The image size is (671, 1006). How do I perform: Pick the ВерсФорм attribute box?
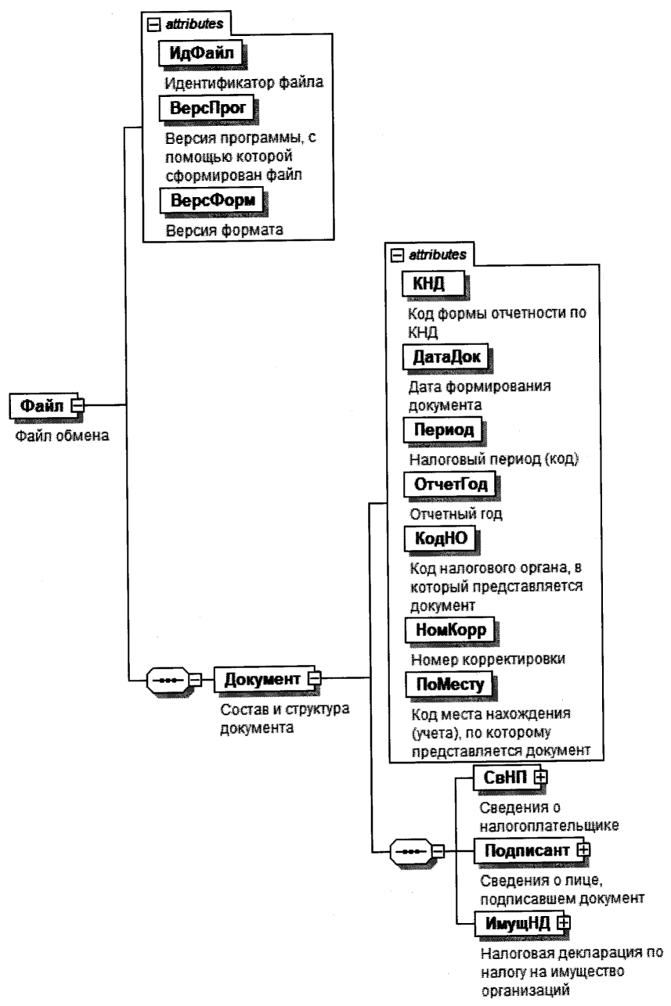211,201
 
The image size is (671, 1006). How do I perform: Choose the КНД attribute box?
429,283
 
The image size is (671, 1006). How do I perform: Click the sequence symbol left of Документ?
168,678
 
